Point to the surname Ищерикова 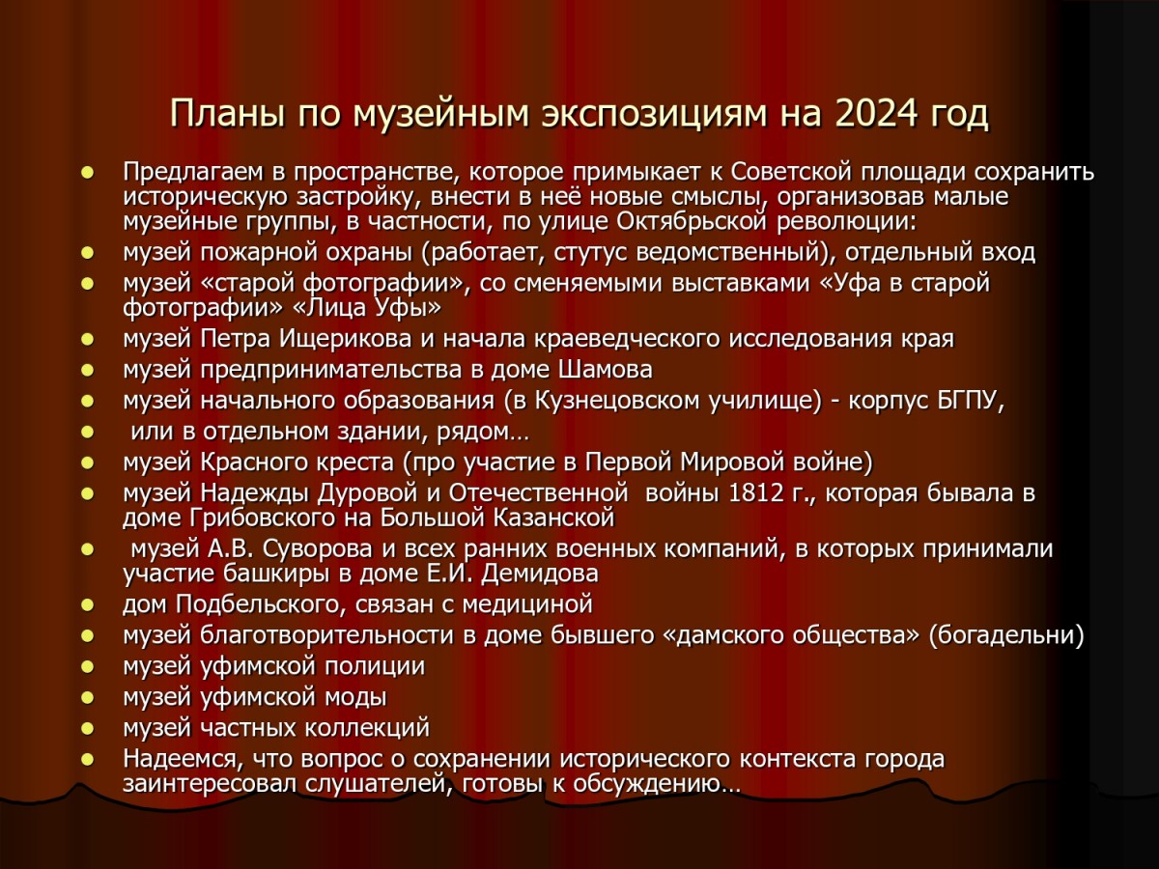pos(345,339)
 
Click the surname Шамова pos(605,370)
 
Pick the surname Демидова pos(540,575)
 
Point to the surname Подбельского pos(261,604)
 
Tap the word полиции pos(375,666)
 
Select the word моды pos(355,697)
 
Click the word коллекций pos(368,729)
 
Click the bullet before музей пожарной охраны pos(87,253)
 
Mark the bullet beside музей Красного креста pos(87,463)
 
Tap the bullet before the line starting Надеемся pos(87,760)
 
